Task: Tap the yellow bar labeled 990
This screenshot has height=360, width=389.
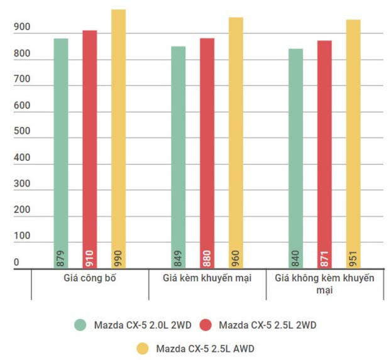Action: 119,139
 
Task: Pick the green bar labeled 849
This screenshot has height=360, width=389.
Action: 178,158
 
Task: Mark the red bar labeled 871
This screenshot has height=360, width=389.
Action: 324,155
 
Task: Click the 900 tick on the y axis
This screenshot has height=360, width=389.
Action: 22,28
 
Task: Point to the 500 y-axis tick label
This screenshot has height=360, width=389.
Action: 22,132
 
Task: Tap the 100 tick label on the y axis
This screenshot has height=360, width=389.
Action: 22,236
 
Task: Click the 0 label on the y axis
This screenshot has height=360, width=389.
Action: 17,263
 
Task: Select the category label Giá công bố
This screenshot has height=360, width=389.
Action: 90,278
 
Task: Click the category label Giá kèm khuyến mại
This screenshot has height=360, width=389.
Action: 207,278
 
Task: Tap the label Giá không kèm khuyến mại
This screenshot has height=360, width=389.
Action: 325,284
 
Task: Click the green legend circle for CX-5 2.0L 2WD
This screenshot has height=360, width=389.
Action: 80,325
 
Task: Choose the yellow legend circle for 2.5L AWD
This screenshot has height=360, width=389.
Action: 143,347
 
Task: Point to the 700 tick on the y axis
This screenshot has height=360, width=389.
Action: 22,80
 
